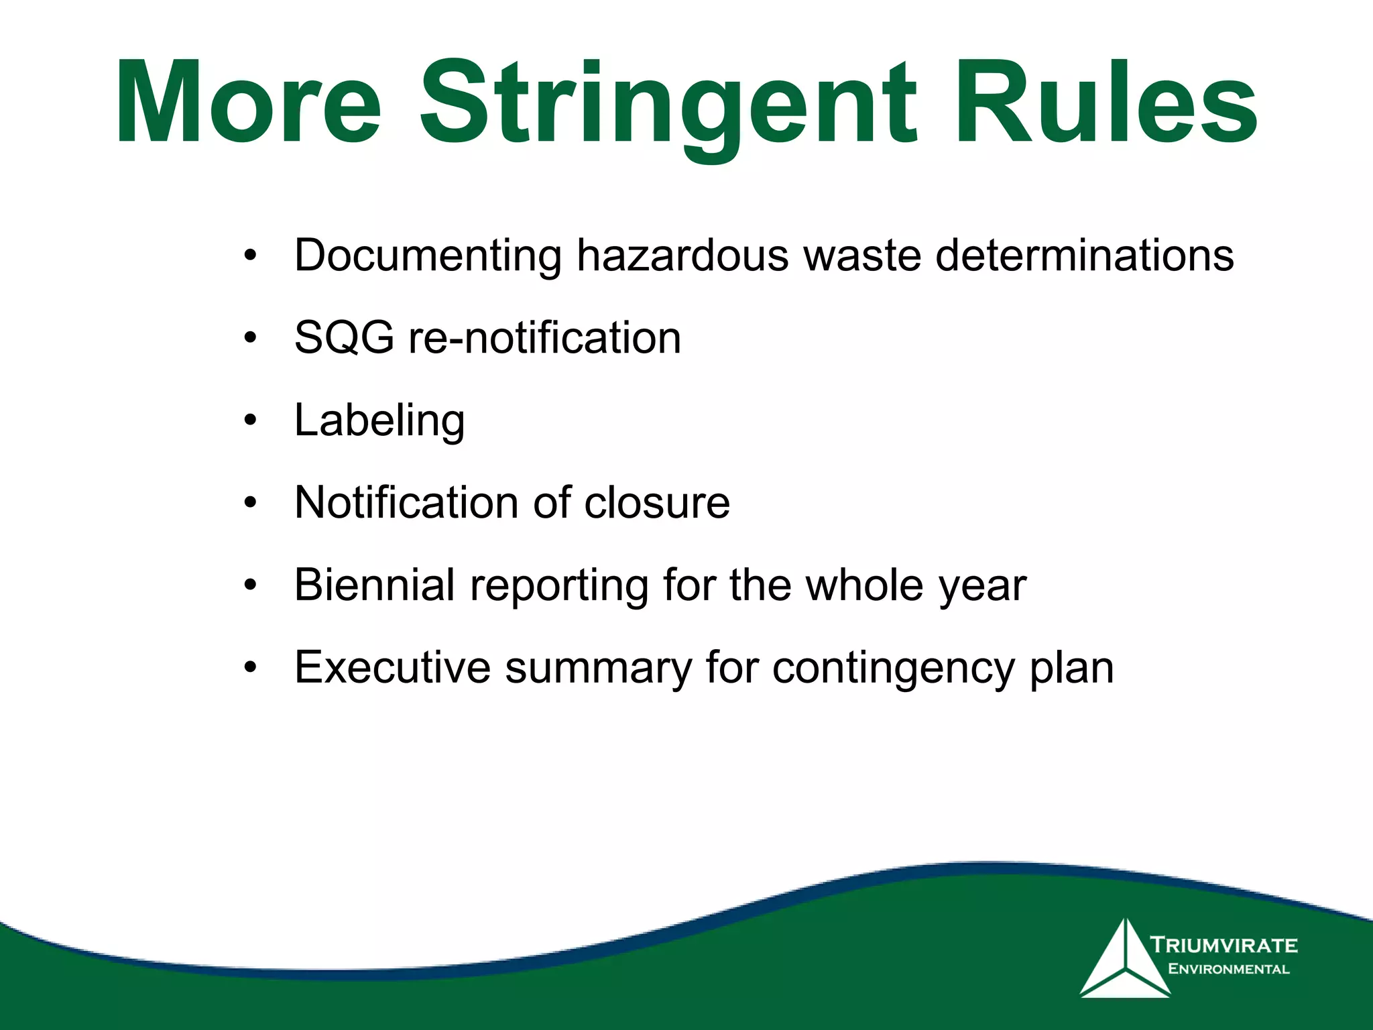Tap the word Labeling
tap(379, 421)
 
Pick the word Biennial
tap(375, 585)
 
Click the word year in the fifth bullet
tap(982, 586)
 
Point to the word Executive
tap(392, 668)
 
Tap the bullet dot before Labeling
tap(251, 421)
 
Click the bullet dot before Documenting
tap(251, 255)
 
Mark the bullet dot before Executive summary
tap(251, 668)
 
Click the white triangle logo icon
tap(1125, 963)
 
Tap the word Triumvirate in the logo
tap(1224, 946)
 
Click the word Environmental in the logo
tap(1228, 969)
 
